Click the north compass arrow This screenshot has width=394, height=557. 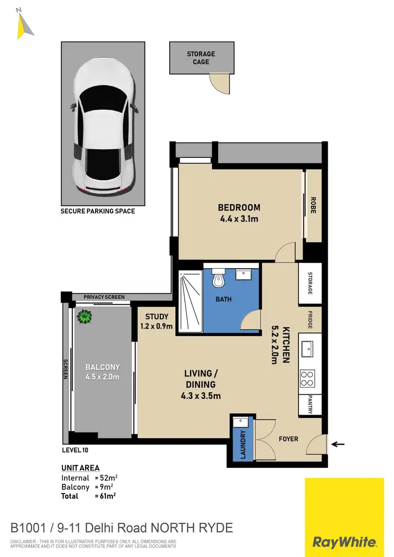(x=24, y=25)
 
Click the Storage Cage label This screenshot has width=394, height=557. (x=201, y=58)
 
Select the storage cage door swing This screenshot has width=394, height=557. (x=221, y=83)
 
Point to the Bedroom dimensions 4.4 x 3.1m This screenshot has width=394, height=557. (x=239, y=218)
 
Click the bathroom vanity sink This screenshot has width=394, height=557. (x=243, y=276)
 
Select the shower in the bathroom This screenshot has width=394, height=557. (x=190, y=302)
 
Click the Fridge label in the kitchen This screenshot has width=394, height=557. (x=309, y=320)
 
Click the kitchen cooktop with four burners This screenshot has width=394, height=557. (x=308, y=376)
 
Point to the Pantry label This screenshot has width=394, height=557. (x=310, y=404)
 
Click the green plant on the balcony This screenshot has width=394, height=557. (x=84, y=317)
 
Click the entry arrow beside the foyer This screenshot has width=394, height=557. (x=337, y=444)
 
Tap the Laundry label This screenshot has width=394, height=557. (x=243, y=444)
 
